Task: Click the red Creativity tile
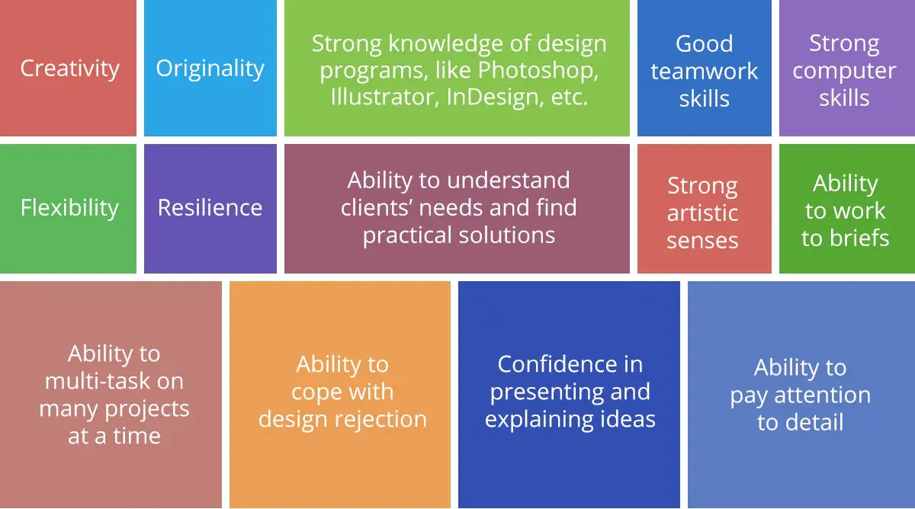69,69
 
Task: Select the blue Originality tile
210,69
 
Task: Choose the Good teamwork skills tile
704,70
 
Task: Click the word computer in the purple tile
843,71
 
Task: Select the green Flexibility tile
69,208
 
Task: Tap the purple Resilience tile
210,208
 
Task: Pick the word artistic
702,213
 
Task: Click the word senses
702,241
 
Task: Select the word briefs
857,238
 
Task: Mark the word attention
822,395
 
